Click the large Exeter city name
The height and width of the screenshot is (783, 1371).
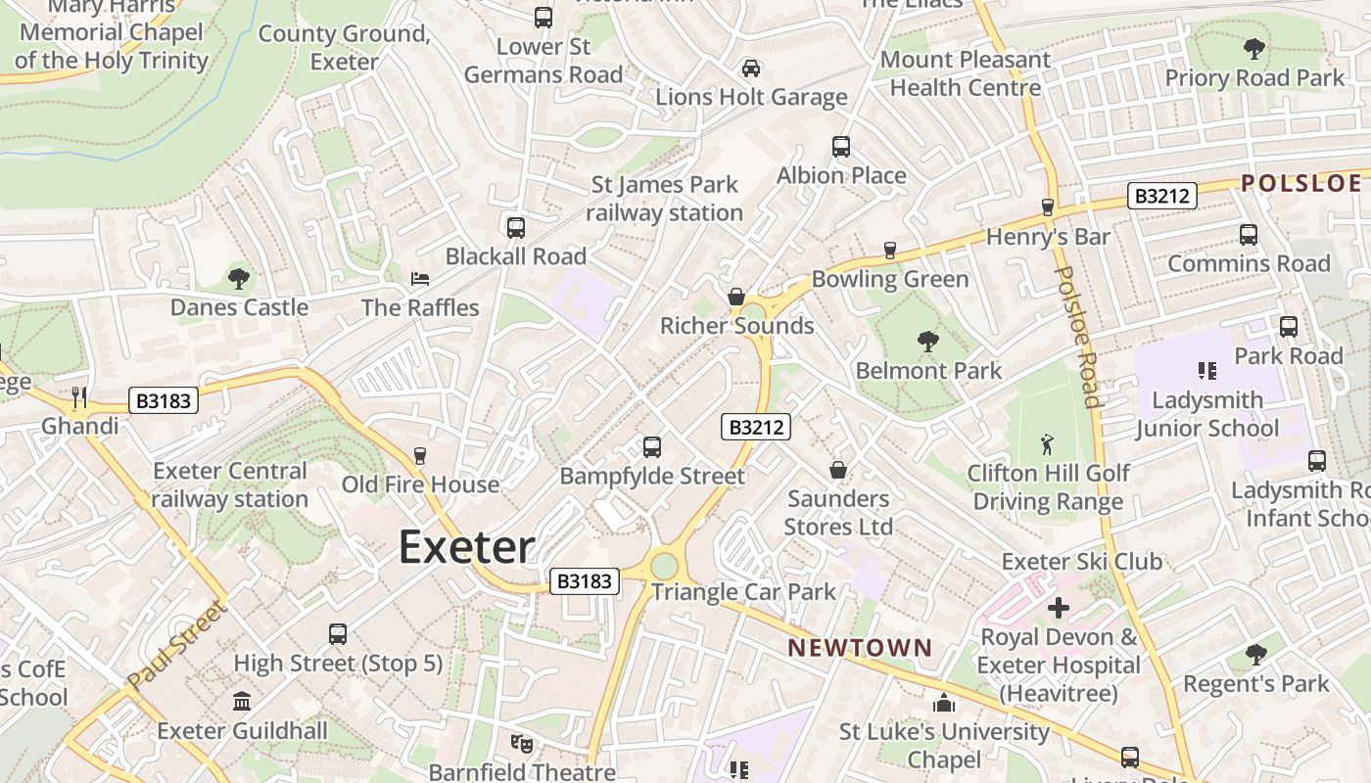click(466, 547)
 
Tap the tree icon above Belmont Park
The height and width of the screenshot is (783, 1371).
click(927, 342)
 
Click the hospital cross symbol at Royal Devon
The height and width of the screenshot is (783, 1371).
click(1058, 608)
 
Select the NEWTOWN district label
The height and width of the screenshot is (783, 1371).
click(860, 648)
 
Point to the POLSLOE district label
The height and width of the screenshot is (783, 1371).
click(1301, 183)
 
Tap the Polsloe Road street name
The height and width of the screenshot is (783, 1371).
click(1077, 336)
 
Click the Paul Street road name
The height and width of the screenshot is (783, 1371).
click(177, 645)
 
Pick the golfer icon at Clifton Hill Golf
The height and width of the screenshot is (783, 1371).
click(1047, 444)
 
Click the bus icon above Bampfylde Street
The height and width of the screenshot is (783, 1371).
click(652, 447)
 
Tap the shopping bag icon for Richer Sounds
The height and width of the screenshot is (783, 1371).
click(736, 297)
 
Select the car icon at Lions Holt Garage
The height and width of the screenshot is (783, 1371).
click(751, 68)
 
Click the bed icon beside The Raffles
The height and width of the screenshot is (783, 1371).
click(420, 279)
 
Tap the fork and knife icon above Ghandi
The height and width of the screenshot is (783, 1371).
click(79, 397)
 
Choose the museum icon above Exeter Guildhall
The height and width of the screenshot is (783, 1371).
click(242, 702)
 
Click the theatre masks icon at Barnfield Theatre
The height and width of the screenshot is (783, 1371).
click(522, 744)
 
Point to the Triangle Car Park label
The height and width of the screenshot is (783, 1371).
click(743, 592)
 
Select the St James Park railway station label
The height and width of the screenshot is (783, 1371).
click(666, 199)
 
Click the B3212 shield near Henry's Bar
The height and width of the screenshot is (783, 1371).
click(1162, 196)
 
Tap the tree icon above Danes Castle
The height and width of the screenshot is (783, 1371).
click(238, 279)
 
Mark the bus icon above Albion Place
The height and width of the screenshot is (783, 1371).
click(841, 147)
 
